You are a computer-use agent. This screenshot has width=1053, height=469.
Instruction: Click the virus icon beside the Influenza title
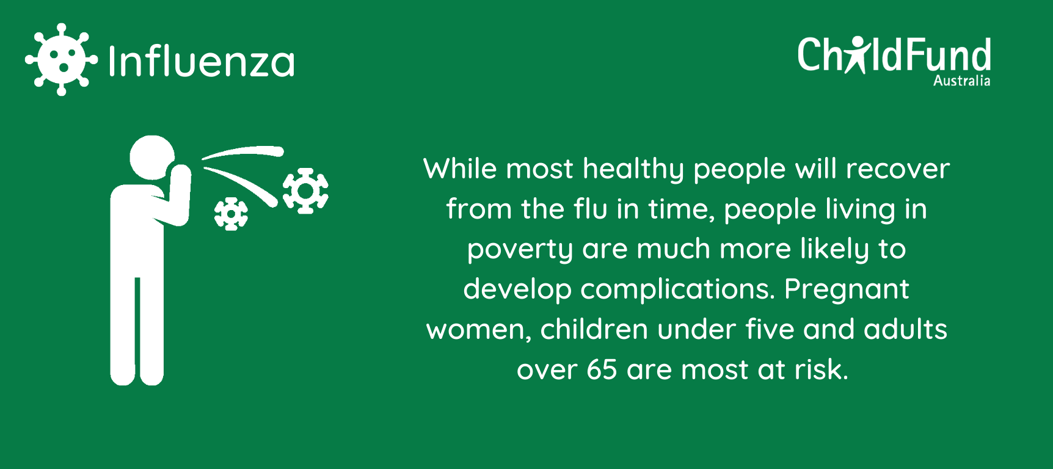tap(61, 59)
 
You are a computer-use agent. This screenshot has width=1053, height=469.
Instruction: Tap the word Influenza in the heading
tap(201, 61)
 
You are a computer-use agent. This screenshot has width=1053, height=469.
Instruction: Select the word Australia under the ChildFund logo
tap(961, 81)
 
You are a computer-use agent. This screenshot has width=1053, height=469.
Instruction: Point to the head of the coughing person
tap(152, 158)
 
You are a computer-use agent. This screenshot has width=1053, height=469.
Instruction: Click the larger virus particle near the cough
tap(305, 191)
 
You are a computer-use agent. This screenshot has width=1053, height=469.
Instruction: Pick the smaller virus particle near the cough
tap(231, 214)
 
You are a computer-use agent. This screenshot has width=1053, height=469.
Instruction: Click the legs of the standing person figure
tap(137, 330)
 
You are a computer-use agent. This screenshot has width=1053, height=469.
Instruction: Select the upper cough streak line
tap(243, 151)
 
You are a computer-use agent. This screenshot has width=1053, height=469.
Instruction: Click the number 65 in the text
tap(602, 369)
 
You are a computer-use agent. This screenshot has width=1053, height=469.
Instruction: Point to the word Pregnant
tap(847, 289)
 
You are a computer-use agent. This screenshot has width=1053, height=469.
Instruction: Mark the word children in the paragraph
tap(594, 329)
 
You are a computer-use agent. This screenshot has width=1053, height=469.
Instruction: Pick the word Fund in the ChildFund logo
tap(949, 56)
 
